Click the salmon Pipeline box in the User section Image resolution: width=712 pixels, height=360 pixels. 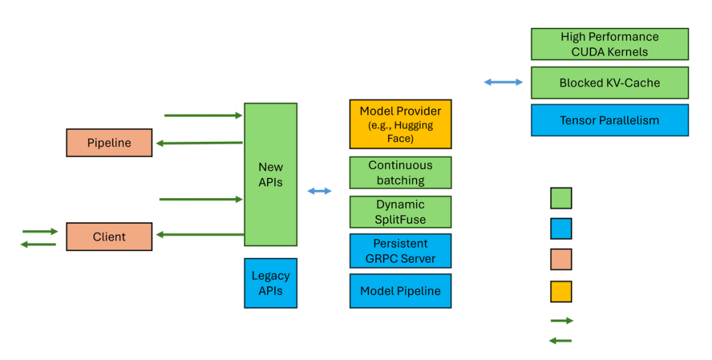click(109, 143)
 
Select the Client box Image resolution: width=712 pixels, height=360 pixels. click(109, 236)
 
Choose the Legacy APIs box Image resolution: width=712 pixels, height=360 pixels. click(270, 283)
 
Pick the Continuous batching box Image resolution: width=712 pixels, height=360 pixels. click(400, 172)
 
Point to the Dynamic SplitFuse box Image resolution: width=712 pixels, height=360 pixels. click(400, 212)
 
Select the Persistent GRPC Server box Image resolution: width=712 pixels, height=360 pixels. click(400, 251)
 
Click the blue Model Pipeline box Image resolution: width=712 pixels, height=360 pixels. click(400, 291)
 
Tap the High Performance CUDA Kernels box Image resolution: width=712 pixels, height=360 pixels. click(609, 44)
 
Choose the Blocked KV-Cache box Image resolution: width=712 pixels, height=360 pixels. click(609, 83)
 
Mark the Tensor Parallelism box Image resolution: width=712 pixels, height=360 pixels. click(609, 120)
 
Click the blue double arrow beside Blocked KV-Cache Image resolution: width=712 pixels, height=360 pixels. click(503, 83)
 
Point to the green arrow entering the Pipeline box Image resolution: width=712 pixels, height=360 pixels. click(197, 143)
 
